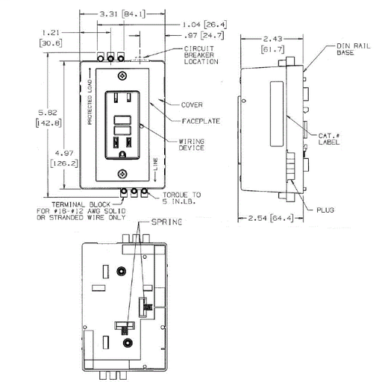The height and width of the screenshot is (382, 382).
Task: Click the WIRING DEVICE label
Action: tap(192, 145)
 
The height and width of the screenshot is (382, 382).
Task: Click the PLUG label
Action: tap(329, 210)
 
